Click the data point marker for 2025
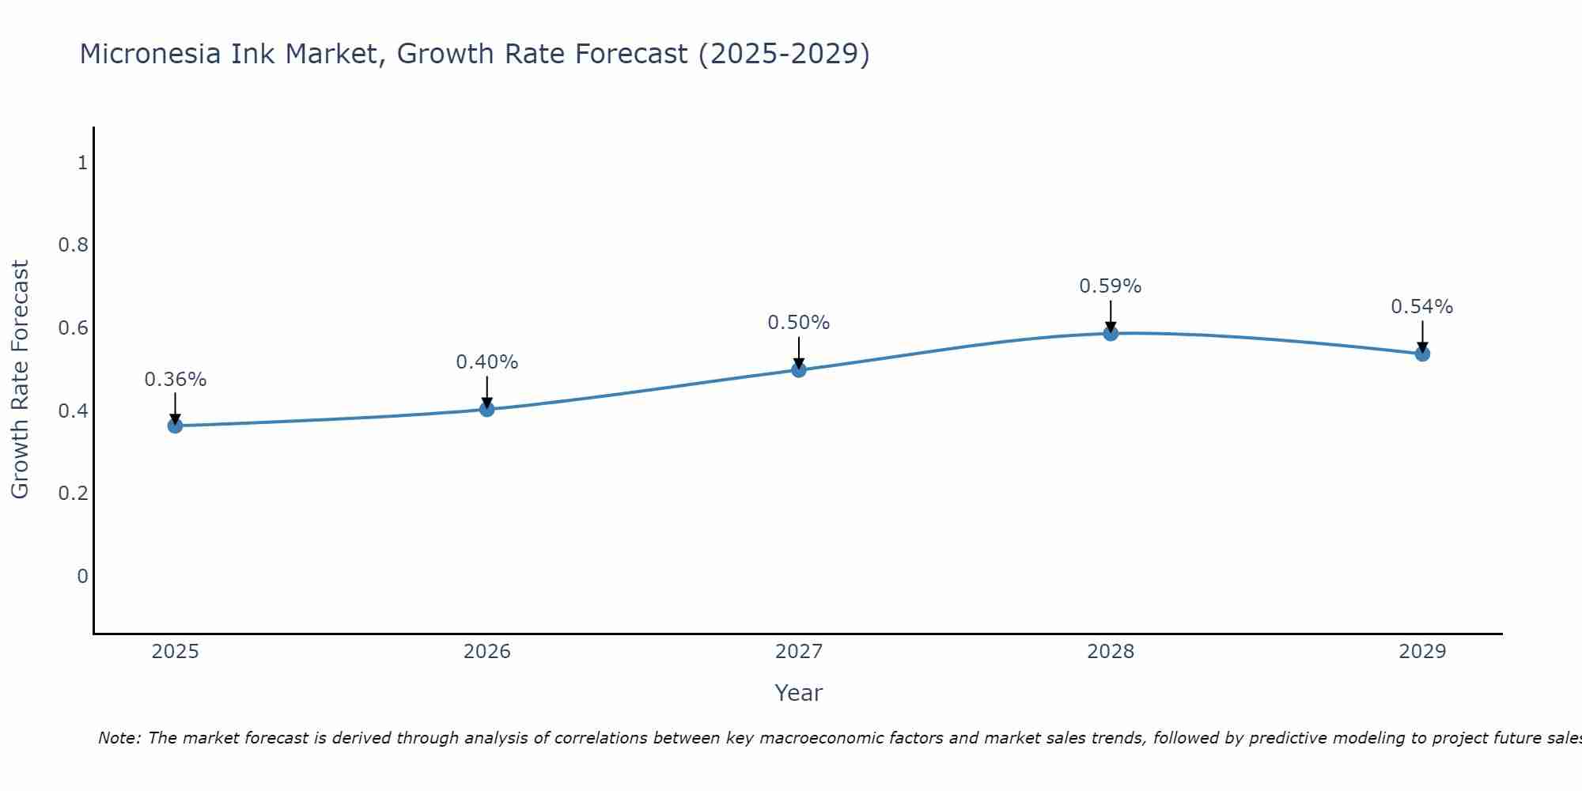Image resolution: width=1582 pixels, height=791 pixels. [x=175, y=426]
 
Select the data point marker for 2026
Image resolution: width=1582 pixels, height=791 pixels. [x=486, y=409]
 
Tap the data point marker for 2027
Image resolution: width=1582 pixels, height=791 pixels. [x=798, y=369]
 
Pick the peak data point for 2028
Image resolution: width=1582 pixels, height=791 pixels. [x=1110, y=333]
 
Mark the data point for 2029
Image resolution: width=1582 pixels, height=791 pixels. [x=1421, y=354]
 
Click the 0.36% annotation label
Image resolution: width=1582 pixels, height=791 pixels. [x=175, y=380]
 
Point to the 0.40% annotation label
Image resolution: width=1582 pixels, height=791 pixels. [x=486, y=362]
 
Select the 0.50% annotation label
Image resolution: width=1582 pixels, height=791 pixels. [x=798, y=323]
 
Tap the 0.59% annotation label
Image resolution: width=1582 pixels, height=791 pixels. [x=1110, y=286]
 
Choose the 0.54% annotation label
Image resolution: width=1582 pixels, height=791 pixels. [x=1421, y=307]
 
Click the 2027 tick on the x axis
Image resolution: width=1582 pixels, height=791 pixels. [x=798, y=652]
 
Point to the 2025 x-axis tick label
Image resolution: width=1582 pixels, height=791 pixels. [x=175, y=652]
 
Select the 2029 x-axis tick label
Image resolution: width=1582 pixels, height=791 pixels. [x=1421, y=652]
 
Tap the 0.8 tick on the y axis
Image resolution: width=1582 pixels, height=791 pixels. [x=73, y=245]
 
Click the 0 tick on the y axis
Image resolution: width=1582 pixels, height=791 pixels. [x=82, y=576]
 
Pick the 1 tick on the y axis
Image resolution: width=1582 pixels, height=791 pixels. [x=82, y=163]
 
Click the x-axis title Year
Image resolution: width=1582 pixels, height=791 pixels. [x=798, y=693]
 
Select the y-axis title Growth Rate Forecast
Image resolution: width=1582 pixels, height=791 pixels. [x=20, y=380]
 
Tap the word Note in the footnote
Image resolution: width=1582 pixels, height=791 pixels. [x=119, y=738]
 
